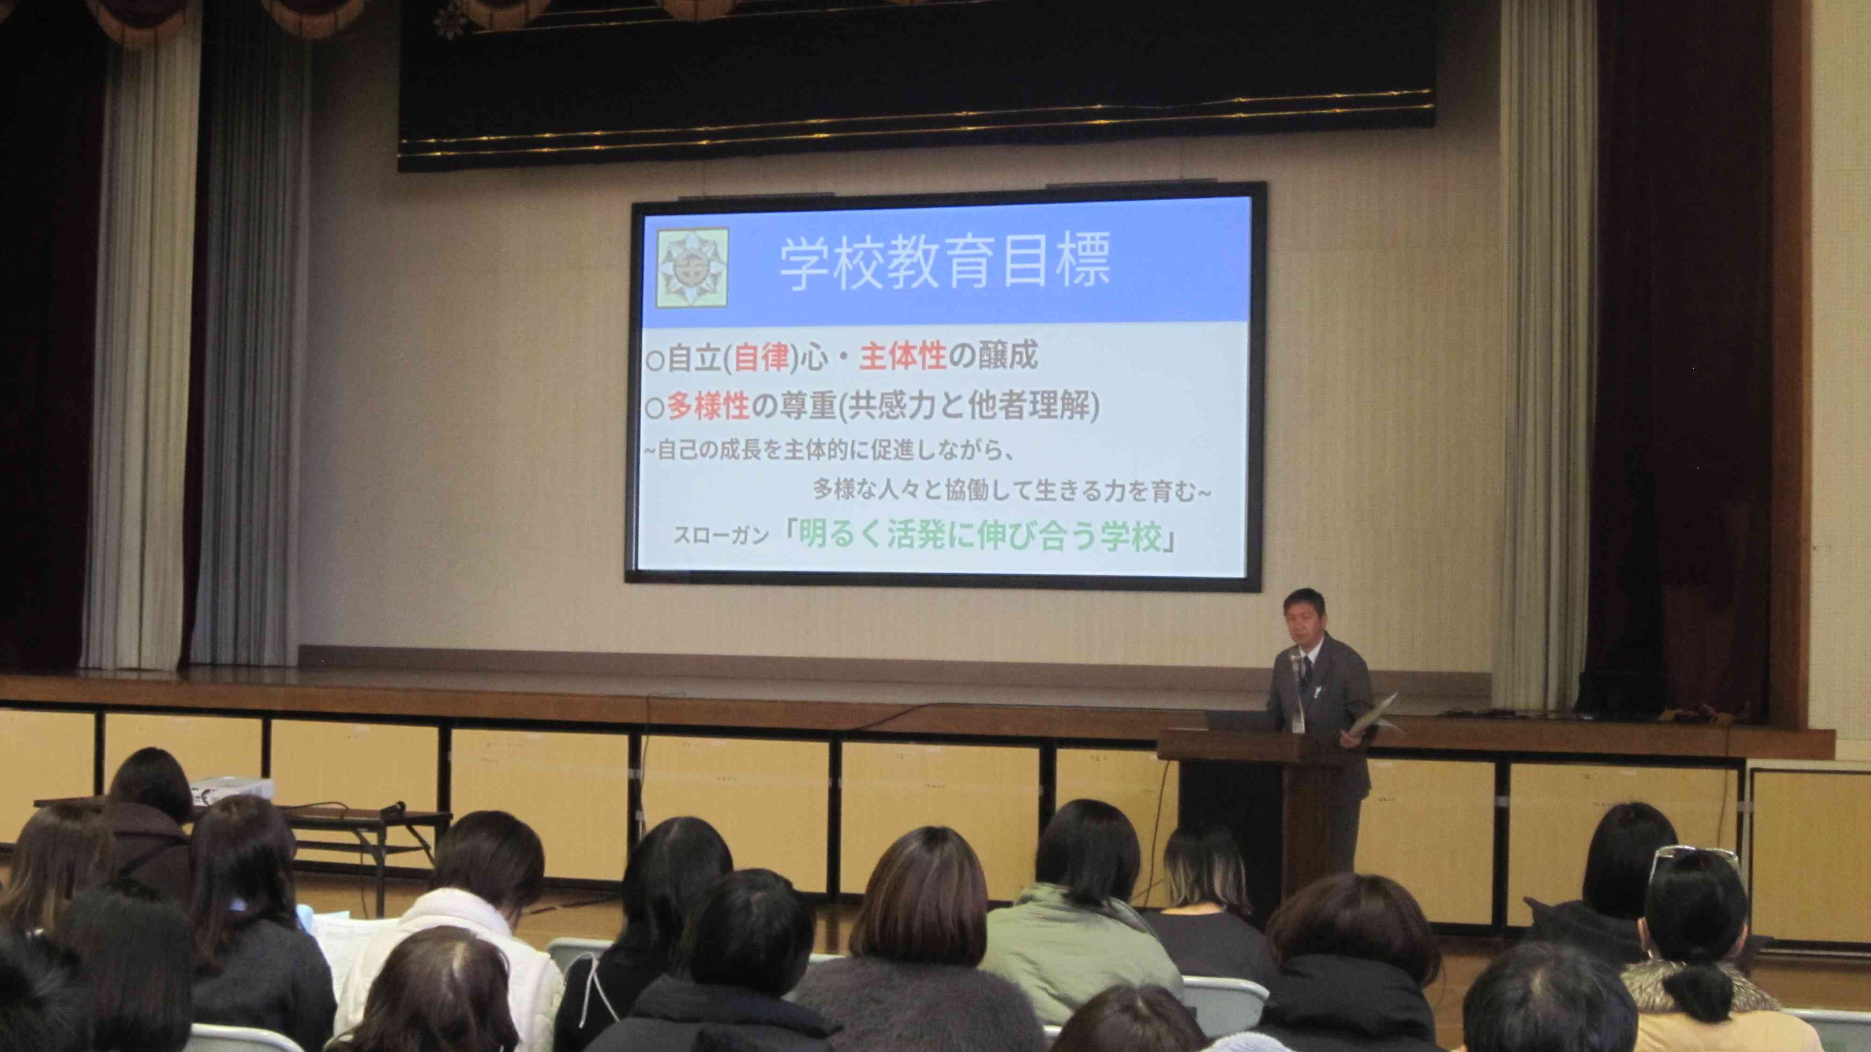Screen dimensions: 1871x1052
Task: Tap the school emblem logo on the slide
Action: pyautogui.click(x=692, y=267)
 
